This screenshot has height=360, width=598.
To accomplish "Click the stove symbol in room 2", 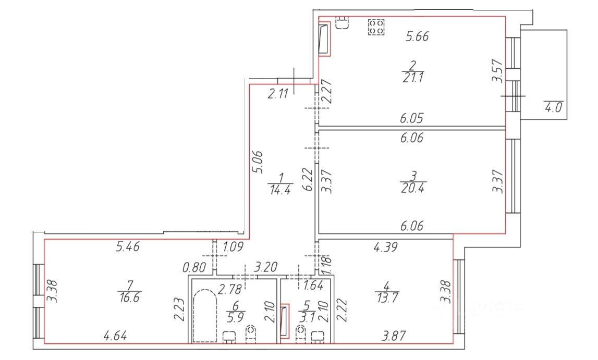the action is point(376,27).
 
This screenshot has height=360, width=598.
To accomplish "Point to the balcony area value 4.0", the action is point(553,107).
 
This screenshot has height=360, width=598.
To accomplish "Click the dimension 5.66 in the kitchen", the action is point(417,36).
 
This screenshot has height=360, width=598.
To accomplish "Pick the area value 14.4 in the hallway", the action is point(280,189).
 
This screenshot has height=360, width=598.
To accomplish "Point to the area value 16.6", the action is point(129,297).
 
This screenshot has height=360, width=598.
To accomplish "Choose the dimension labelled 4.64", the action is point(115,336).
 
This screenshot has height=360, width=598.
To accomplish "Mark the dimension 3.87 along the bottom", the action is point(394,336).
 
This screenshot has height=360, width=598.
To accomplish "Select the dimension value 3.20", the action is point(265,267).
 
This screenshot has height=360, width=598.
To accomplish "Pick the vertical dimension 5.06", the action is point(258,162).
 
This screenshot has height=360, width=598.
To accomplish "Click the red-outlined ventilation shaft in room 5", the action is point(285,321).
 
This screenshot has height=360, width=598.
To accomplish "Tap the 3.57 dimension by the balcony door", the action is point(496,71).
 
